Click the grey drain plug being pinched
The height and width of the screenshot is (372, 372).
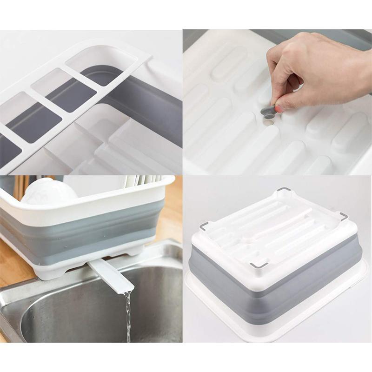tap(269, 111)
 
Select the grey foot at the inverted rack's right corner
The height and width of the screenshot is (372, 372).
tap(343, 216)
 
